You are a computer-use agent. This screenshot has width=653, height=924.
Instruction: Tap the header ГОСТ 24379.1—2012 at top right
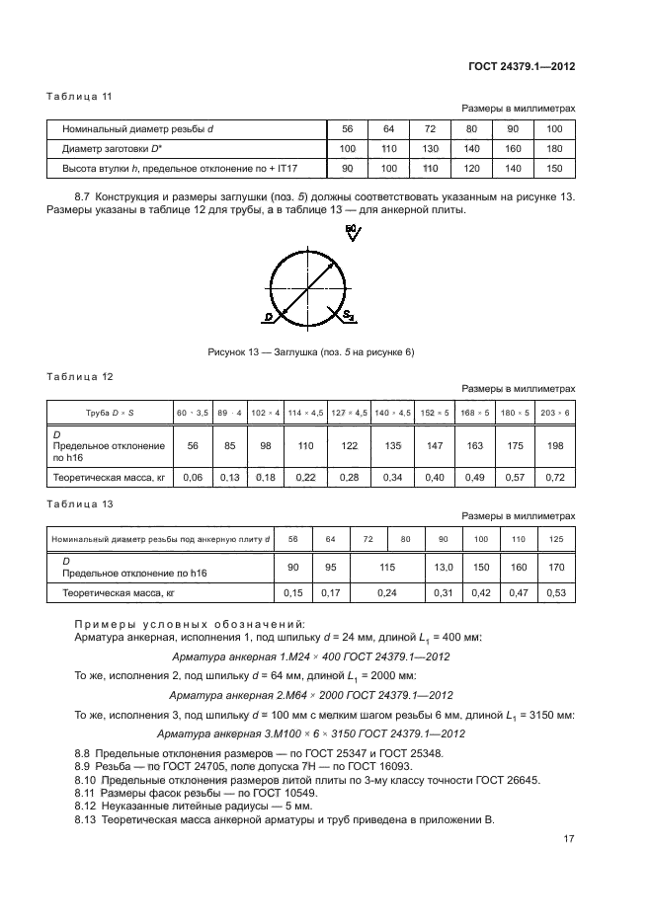pos(522,66)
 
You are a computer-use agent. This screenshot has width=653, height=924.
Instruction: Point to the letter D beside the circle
pos(268,318)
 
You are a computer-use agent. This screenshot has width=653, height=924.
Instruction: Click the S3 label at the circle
pos(350,316)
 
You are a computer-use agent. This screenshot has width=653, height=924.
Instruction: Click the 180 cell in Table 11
pos(553,149)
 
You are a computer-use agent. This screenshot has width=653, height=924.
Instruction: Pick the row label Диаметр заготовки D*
pos(110,149)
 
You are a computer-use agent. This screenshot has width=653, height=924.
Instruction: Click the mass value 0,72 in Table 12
pos(554,478)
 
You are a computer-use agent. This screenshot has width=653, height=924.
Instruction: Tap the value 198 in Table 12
pos(554,445)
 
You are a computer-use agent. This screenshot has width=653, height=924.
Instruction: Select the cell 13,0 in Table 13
pos(444,568)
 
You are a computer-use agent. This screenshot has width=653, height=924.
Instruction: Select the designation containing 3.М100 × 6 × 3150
pos(312,732)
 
